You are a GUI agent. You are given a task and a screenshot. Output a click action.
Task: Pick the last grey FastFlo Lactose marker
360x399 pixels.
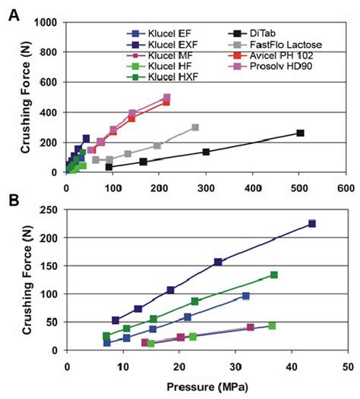tap(195, 127)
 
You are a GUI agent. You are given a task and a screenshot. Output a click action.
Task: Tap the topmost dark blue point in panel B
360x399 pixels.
tap(311, 224)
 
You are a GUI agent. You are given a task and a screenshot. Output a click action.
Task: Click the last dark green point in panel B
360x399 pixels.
tap(273, 275)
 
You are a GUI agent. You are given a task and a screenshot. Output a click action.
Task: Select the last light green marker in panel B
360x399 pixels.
tap(272, 325)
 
